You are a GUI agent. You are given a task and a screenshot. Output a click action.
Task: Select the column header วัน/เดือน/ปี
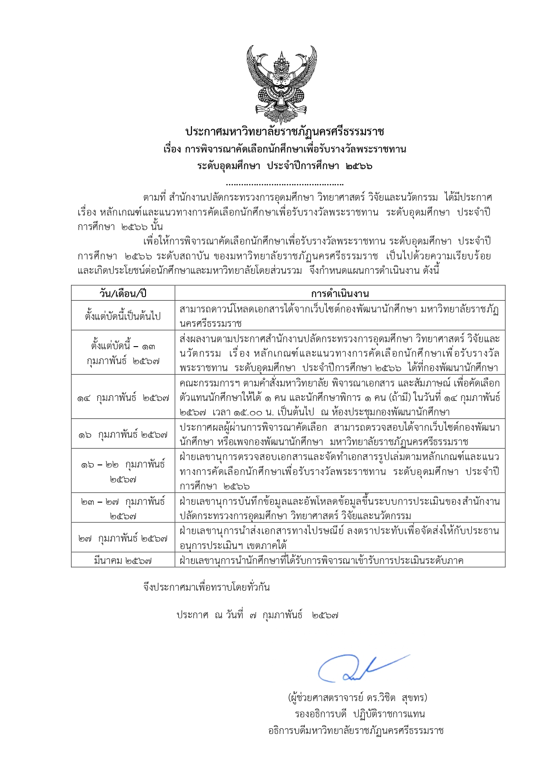click(x=123, y=293)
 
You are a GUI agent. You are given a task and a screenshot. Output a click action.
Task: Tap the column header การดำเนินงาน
click(x=340, y=293)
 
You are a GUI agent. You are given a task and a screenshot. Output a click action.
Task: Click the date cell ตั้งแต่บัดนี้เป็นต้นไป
click(x=123, y=315)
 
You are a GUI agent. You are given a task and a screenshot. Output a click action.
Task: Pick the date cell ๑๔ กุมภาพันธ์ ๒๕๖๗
click(x=123, y=398)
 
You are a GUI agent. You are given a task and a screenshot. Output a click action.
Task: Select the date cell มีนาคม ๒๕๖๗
click(x=123, y=560)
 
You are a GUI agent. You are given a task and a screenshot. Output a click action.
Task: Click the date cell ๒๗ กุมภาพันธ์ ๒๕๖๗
click(x=123, y=538)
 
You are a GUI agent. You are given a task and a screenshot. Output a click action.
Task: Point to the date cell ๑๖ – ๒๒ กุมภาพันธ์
click(x=123, y=471)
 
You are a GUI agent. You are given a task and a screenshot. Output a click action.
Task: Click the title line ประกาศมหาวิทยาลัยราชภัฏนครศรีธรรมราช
click(x=284, y=131)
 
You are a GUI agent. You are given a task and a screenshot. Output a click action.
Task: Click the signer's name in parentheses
click(x=357, y=697)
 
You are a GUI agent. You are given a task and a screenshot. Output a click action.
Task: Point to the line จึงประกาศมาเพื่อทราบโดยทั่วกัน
click(x=206, y=587)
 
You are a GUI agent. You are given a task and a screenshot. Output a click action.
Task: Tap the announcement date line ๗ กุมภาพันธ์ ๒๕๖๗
click(x=258, y=615)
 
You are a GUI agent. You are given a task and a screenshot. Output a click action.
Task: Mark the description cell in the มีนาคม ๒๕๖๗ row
click(x=321, y=560)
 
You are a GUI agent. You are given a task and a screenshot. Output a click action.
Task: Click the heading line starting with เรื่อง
click(x=284, y=149)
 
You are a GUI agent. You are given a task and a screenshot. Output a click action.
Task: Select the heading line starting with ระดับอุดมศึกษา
click(x=284, y=166)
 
